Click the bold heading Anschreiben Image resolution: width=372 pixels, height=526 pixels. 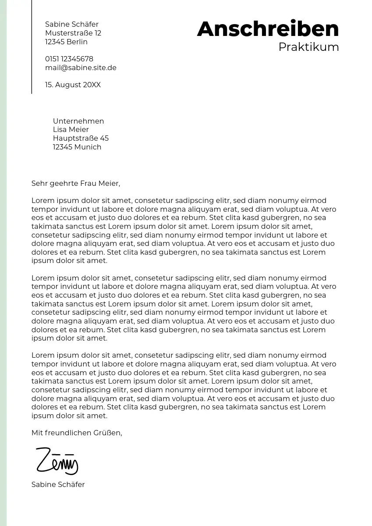click(x=268, y=29)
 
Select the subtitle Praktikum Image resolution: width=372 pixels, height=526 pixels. click(x=308, y=47)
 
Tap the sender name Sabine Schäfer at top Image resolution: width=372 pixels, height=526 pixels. click(x=72, y=25)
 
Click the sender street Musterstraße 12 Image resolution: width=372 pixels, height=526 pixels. click(x=73, y=33)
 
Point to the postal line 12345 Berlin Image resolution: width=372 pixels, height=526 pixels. click(x=66, y=42)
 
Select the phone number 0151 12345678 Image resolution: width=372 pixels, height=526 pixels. click(x=69, y=59)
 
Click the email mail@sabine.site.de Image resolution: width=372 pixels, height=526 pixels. click(x=81, y=68)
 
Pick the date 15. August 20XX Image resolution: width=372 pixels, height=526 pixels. click(x=73, y=85)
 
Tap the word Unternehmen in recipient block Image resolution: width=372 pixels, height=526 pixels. click(x=78, y=121)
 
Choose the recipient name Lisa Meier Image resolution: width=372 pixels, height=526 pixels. click(x=71, y=130)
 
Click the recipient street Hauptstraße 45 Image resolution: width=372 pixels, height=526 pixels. click(x=81, y=139)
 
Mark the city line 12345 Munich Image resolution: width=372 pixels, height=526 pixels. click(x=77, y=147)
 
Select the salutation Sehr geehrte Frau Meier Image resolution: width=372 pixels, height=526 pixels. click(x=75, y=184)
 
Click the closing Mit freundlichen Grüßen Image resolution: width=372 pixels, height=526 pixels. click(x=77, y=433)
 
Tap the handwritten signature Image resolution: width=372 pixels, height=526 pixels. click(x=57, y=461)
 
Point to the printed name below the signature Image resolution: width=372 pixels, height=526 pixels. click(x=58, y=485)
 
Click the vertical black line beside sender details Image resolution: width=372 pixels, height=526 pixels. click(x=32, y=46)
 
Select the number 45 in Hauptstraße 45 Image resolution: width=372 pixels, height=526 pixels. click(x=104, y=139)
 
